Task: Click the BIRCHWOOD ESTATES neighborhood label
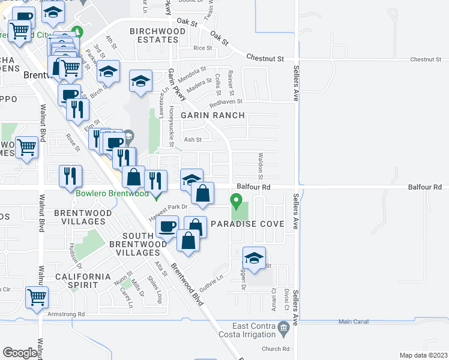pyautogui.click(x=154, y=35)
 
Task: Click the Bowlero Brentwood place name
pyautogui.click(x=112, y=194)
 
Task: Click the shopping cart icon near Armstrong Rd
pyautogui.click(x=37, y=297)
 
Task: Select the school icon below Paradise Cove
pyautogui.click(x=255, y=259)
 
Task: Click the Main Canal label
pyautogui.click(x=352, y=322)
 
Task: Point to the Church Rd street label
pyautogui.click(x=276, y=349)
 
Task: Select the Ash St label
pyautogui.click(x=192, y=140)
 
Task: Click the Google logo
pyautogui.click(x=20, y=353)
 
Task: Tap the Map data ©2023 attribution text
pyautogui.click(x=424, y=355)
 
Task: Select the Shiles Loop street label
pyautogui.click(x=158, y=290)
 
